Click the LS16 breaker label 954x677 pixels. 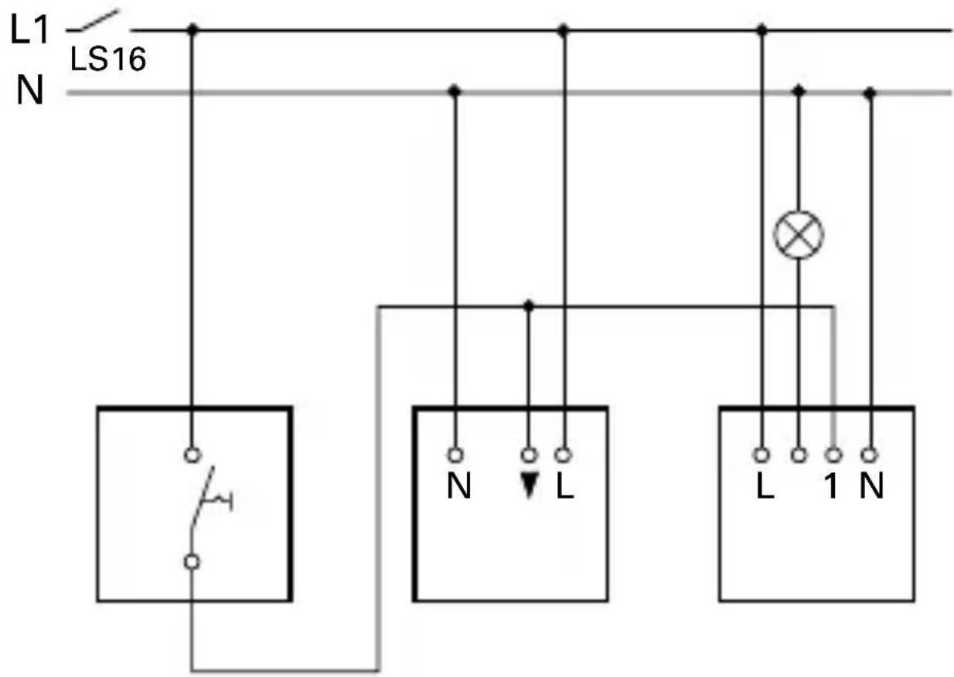click(108, 60)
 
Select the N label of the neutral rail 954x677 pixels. click(30, 90)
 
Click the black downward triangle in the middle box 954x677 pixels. click(530, 486)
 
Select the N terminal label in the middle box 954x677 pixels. click(458, 486)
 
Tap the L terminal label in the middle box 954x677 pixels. click(564, 486)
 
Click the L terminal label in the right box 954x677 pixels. click(765, 486)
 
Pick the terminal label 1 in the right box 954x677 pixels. click(832, 486)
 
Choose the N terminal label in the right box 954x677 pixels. click(871, 486)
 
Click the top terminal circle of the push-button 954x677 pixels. click(192, 455)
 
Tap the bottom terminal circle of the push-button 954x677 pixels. click(192, 563)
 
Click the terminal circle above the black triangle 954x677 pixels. click(529, 455)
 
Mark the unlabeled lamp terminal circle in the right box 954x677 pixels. click(799, 455)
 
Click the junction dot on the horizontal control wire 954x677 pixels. click(529, 306)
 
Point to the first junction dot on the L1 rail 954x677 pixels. click(193, 30)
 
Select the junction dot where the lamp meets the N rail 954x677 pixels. click(799, 91)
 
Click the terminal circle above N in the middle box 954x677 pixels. click(455, 455)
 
